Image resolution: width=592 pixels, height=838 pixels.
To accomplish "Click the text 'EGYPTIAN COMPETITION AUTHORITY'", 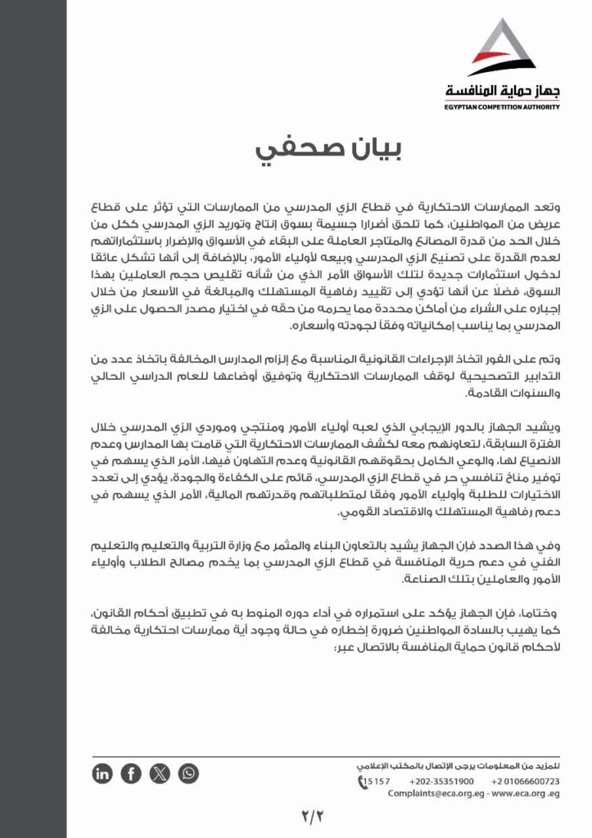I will [502, 106].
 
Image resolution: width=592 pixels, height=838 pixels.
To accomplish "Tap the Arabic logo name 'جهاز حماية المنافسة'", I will [502, 92].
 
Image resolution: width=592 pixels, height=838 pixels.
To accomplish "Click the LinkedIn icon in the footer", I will [103, 773].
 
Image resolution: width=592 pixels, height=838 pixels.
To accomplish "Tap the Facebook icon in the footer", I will [131, 773].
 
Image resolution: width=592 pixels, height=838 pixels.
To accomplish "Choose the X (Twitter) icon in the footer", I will [160, 773].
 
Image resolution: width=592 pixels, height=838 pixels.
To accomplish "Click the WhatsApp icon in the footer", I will [188, 773].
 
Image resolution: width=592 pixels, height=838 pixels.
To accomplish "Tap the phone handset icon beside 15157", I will [363, 782].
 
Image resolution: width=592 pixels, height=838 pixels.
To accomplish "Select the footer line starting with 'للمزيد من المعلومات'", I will [459, 765].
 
